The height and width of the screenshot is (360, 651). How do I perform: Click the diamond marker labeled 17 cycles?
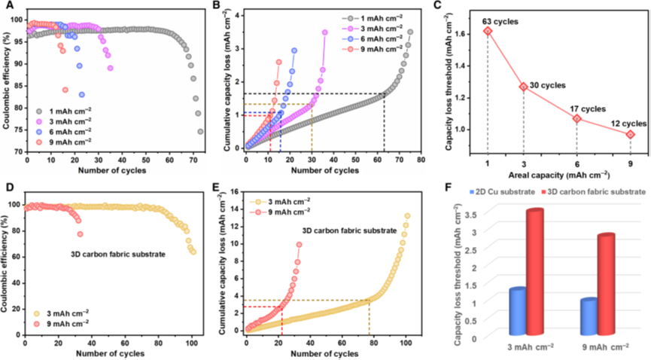[x=577, y=118]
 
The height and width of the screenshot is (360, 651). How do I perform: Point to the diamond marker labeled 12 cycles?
[x=630, y=134]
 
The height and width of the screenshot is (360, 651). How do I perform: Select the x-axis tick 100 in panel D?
[x=192, y=338]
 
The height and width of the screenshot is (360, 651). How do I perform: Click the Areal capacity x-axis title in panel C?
[x=558, y=172]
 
